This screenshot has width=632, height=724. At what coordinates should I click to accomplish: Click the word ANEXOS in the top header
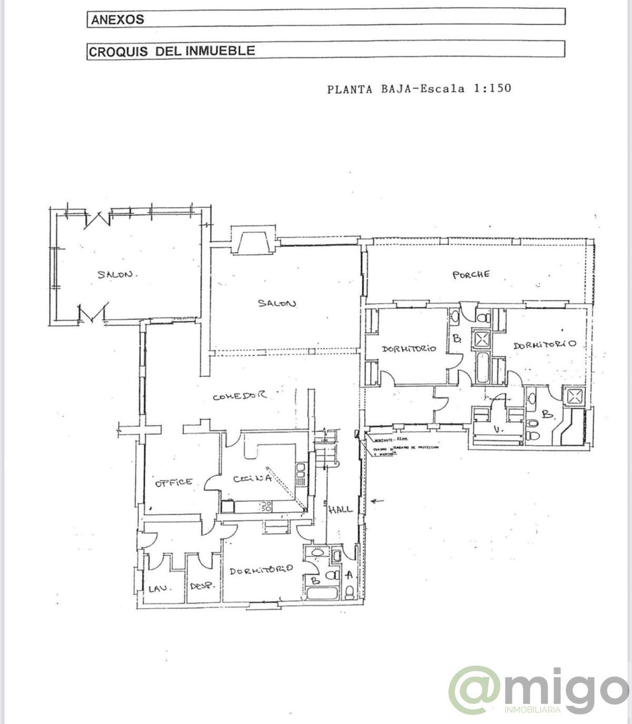[x=117, y=19]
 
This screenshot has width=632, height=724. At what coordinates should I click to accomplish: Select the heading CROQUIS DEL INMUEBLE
[x=172, y=51]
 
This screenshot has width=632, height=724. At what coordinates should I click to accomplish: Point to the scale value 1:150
[x=492, y=88]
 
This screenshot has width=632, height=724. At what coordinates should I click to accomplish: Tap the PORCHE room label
[x=470, y=275]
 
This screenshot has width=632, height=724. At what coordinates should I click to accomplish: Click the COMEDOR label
[x=240, y=396]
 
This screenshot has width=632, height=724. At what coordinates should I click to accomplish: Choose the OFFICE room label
[x=173, y=482]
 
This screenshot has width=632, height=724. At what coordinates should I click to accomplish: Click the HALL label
[x=340, y=510]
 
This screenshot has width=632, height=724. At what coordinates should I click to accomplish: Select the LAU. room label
[x=157, y=589]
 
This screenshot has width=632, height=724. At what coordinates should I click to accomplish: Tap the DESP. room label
[x=201, y=585]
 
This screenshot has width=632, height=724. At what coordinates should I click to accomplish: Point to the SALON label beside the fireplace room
[x=276, y=303]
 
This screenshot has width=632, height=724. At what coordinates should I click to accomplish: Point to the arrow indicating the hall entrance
[x=378, y=501]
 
